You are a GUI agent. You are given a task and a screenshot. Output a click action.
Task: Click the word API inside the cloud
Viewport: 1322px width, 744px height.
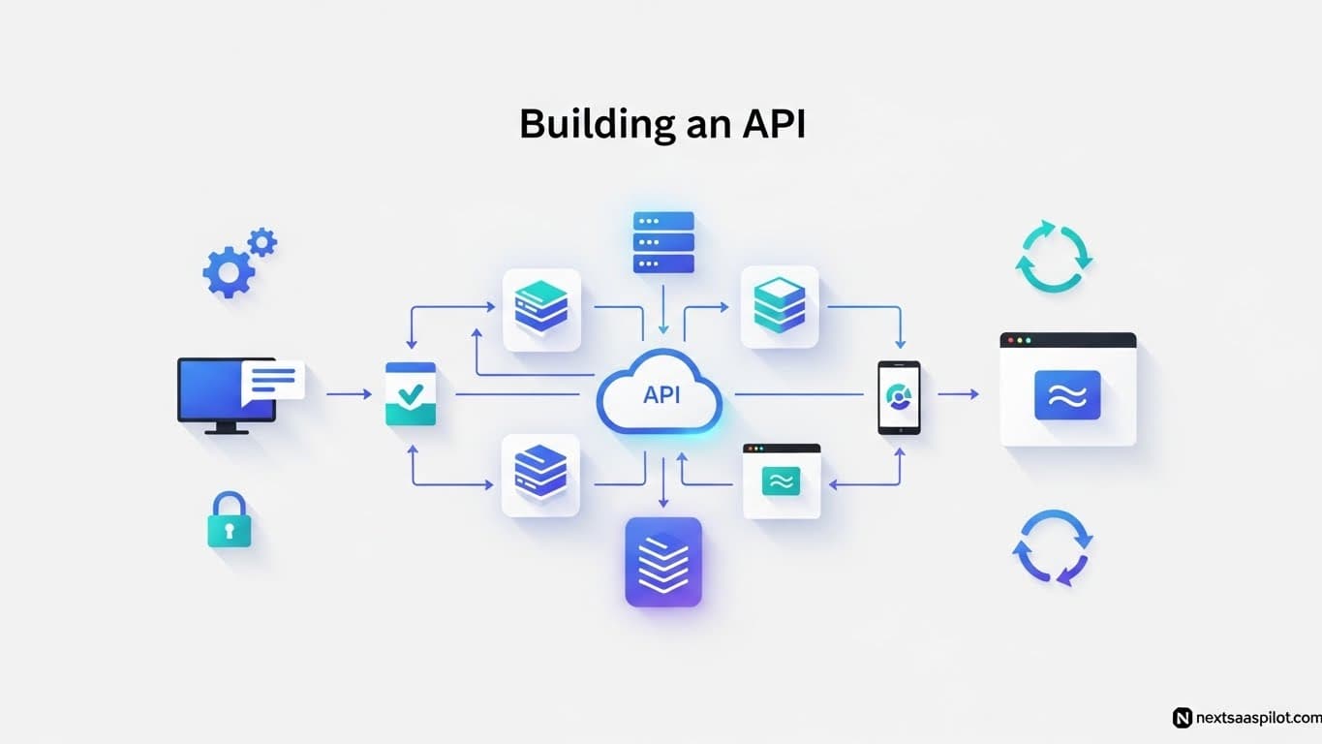(661, 394)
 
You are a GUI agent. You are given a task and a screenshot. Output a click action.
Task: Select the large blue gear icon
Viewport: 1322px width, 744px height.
(229, 272)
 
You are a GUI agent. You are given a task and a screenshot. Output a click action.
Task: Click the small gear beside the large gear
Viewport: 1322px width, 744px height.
(261, 242)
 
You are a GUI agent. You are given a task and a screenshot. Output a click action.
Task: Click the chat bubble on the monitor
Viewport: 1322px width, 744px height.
(273, 380)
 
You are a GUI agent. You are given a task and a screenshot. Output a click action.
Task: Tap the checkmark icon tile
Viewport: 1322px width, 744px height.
(411, 394)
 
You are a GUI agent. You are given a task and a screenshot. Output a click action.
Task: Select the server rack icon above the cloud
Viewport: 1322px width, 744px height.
(663, 242)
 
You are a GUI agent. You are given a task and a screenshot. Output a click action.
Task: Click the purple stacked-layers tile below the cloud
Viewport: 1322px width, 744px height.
(663, 562)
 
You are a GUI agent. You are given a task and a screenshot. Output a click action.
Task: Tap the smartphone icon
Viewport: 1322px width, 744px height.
(899, 397)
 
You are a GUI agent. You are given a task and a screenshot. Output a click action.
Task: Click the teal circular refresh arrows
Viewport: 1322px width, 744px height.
(1054, 258)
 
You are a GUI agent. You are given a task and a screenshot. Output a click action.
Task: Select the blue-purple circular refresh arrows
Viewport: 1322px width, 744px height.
(1053, 547)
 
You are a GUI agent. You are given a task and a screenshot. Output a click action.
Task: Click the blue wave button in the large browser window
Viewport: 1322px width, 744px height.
(1067, 395)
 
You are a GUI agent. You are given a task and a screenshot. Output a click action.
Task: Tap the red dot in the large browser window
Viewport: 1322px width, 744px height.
(1012, 341)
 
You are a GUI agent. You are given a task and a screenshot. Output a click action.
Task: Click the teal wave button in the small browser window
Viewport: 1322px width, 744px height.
(781, 480)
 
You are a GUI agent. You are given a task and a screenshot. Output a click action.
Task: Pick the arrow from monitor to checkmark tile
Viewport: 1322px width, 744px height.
(349, 394)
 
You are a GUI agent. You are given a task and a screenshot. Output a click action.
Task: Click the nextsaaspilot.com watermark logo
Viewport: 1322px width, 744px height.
(1182, 718)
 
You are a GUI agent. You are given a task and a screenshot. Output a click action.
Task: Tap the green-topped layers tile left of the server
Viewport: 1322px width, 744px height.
(542, 309)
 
